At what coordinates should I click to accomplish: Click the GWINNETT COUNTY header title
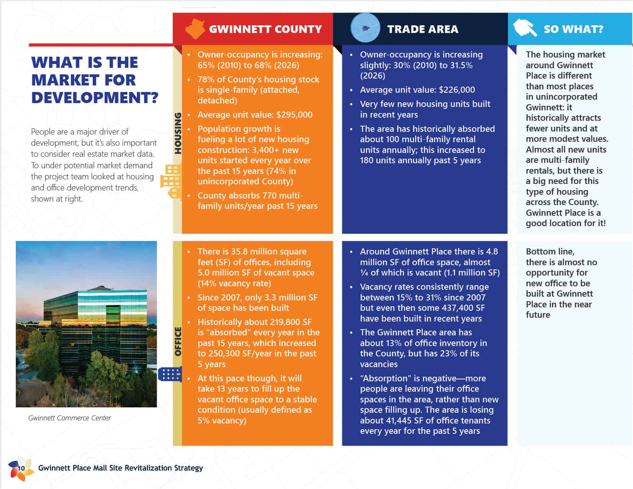(x=265, y=29)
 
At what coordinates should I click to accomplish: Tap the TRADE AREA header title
(x=423, y=29)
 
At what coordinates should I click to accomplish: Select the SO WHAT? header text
(x=573, y=29)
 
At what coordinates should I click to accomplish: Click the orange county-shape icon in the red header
(x=195, y=29)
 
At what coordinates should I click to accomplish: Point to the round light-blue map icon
(x=365, y=28)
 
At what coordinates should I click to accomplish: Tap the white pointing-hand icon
(x=525, y=28)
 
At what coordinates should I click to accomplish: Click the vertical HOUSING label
(x=178, y=133)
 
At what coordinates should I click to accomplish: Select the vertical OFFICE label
(x=178, y=341)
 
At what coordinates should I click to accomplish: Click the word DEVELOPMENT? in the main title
(x=94, y=97)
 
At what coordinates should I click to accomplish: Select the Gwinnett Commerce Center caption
(x=69, y=418)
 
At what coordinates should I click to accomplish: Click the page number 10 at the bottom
(x=21, y=468)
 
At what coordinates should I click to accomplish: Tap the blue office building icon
(x=170, y=374)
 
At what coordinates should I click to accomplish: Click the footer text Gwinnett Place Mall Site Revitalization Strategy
(x=120, y=468)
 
